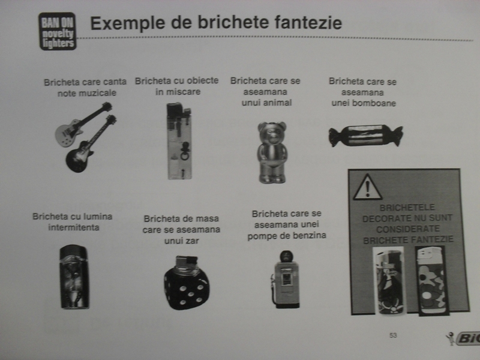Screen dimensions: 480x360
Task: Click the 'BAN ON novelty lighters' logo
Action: pos(58,31)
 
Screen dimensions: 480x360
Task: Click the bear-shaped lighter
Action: pos(272,152)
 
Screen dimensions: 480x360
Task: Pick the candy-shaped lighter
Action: pos(366,136)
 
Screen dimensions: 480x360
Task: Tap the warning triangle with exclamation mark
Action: pos(367,187)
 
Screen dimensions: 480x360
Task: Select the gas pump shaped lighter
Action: pos(286,279)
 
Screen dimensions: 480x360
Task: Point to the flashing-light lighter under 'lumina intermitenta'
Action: pos(74,277)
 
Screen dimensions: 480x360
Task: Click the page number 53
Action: pos(393,335)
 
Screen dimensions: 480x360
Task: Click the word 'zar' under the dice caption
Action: pos(192,241)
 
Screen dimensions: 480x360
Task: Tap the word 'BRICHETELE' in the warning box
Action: pos(407,208)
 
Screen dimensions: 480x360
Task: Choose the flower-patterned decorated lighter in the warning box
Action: pos(432,281)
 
